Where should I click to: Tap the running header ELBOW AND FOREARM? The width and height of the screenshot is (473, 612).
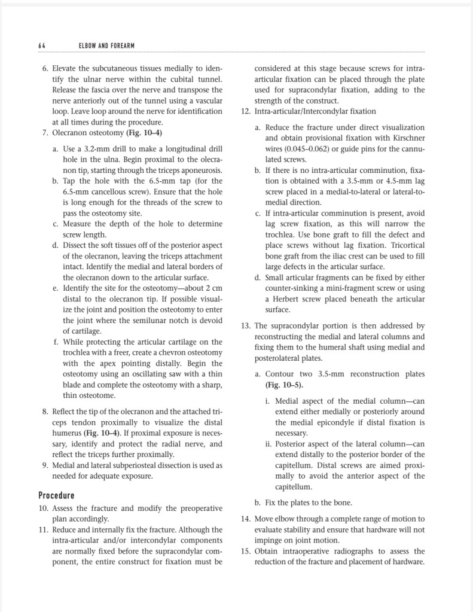(106, 46)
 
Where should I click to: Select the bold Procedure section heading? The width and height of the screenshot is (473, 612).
(56, 495)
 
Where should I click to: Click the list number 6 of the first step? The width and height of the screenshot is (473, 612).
(45, 69)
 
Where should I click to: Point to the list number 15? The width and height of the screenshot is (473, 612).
(245, 551)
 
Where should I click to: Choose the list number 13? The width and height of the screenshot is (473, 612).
(245, 326)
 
